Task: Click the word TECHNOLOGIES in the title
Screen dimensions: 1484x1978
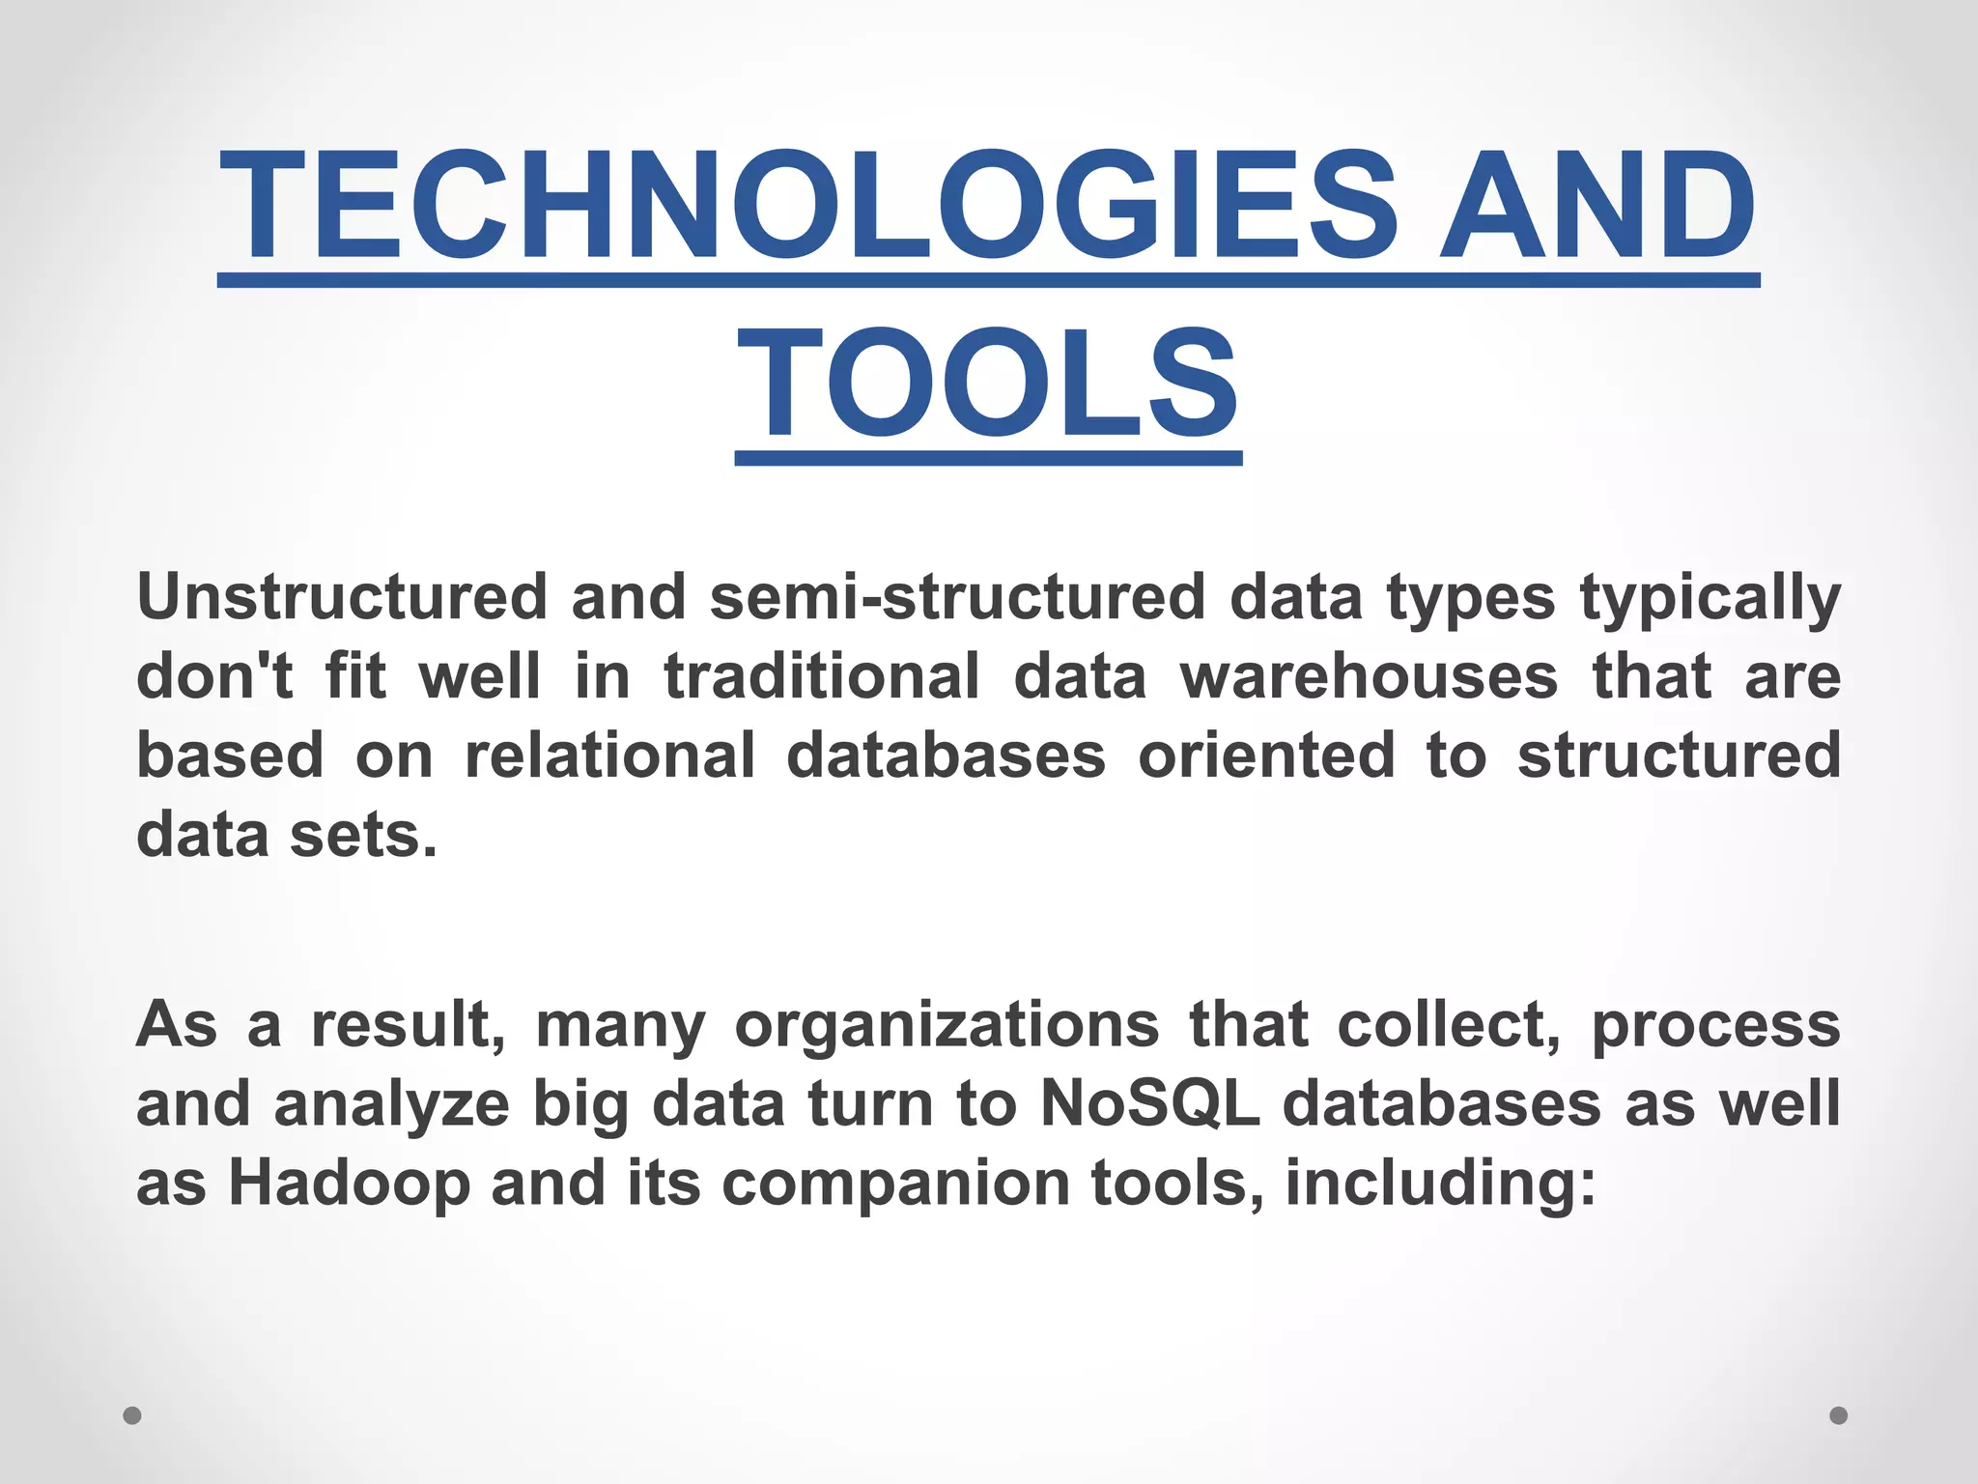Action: (x=808, y=206)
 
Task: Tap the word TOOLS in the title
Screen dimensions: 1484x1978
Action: (x=987, y=384)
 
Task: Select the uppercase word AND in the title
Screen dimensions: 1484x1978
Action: (x=1597, y=206)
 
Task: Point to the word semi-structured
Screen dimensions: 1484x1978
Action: (x=957, y=596)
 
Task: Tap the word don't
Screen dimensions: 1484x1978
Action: (x=214, y=675)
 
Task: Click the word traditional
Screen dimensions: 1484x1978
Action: (x=822, y=675)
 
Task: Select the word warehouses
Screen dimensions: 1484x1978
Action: (x=1369, y=675)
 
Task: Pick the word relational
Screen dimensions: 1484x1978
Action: (x=610, y=755)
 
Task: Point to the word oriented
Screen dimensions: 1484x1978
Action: (x=1266, y=755)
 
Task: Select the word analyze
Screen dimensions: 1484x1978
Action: (x=391, y=1105)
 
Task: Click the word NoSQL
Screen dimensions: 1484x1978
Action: (x=1150, y=1103)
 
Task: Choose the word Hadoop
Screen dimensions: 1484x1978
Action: (x=349, y=1184)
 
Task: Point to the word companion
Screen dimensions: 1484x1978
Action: (x=895, y=1184)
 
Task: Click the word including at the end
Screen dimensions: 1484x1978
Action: (x=1440, y=1184)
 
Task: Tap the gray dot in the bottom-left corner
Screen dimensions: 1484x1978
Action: (x=132, y=1415)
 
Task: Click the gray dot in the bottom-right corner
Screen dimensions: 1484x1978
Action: (x=1839, y=1415)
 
